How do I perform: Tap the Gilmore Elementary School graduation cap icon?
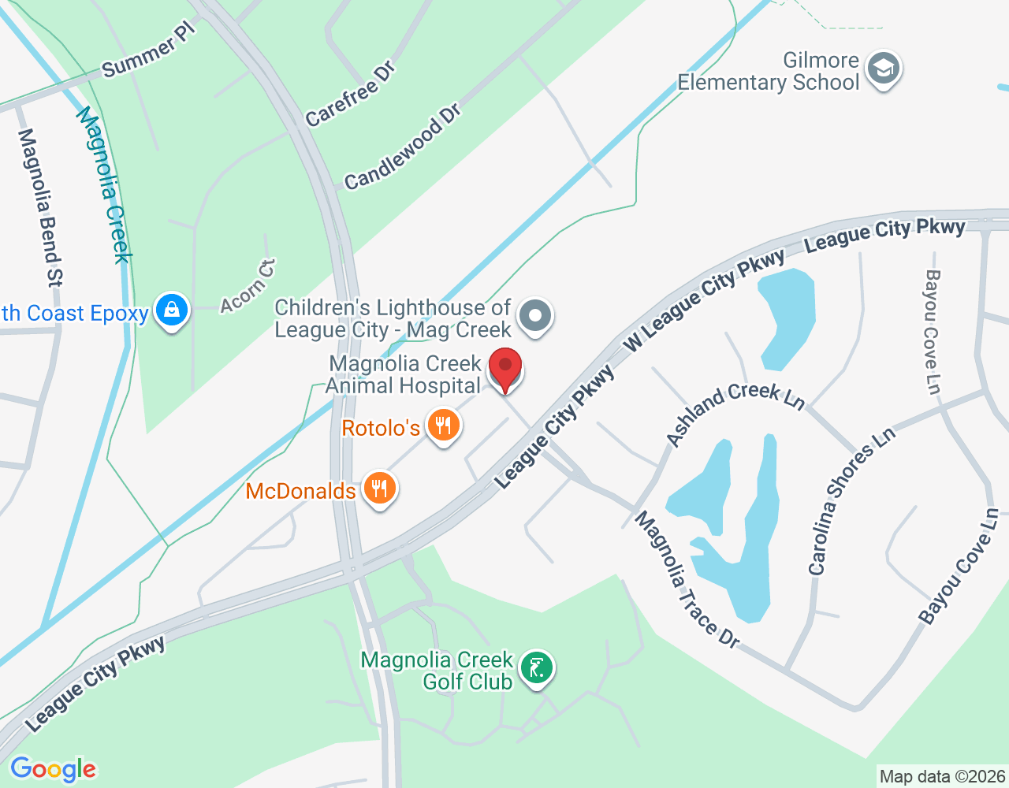point(884,69)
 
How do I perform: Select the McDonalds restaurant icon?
point(380,489)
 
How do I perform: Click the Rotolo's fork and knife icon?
point(443,426)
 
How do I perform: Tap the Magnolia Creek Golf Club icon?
point(537,668)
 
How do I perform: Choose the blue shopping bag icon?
point(171,310)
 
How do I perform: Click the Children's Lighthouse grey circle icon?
point(536,315)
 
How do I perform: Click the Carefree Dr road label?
point(350,95)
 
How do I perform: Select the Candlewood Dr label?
point(402,147)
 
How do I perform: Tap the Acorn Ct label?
point(248,286)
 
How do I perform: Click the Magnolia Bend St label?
point(39,207)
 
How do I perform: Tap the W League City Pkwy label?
point(705,299)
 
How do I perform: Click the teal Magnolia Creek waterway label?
point(103,184)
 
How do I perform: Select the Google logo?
point(53,769)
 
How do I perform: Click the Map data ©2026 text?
point(942,777)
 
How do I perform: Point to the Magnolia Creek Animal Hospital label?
point(404,374)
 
